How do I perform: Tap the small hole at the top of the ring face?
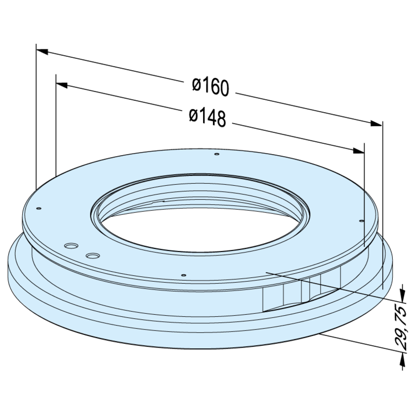pos(217,155)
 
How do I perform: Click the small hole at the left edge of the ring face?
pos(39,208)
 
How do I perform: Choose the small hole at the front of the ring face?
pos(183,274)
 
